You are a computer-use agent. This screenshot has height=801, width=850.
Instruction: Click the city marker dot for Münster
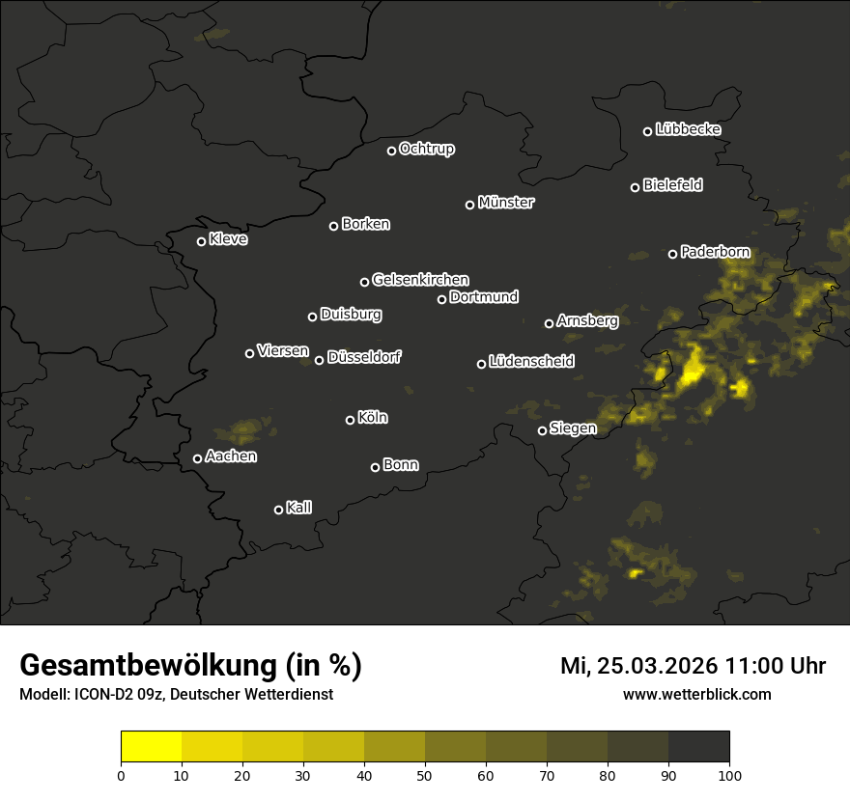pyautogui.click(x=470, y=205)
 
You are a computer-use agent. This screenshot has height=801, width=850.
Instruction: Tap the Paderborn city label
pyautogui.click(x=716, y=253)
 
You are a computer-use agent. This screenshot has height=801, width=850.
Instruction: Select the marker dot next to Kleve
pyautogui.click(x=202, y=241)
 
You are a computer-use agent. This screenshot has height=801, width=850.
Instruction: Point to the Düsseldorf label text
pyautogui.click(x=364, y=357)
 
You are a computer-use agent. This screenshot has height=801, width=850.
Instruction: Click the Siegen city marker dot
pyautogui.click(x=542, y=431)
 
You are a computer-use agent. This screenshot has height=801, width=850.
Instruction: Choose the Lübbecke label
pyautogui.click(x=689, y=129)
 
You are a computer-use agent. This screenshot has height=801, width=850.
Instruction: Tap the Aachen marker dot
pyautogui.click(x=198, y=458)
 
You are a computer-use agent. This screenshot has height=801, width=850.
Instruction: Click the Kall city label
pyautogui.click(x=299, y=508)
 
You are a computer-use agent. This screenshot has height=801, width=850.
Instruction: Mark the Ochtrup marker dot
pyautogui.click(x=391, y=151)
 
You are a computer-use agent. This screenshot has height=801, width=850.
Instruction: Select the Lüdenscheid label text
pyautogui.click(x=532, y=362)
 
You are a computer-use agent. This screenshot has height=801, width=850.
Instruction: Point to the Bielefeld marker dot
pyautogui.click(x=635, y=187)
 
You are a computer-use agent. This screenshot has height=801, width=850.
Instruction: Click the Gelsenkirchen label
pyautogui.click(x=420, y=280)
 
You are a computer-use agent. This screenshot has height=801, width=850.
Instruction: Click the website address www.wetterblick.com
pyautogui.click(x=697, y=694)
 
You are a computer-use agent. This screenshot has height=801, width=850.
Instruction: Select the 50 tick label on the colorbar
pyautogui.click(x=425, y=774)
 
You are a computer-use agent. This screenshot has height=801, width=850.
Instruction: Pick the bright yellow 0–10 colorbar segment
pyautogui.click(x=151, y=747)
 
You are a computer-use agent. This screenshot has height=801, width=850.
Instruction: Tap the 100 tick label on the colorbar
pyautogui.click(x=729, y=774)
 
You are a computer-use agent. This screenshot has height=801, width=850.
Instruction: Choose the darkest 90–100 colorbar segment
pyautogui.click(x=698, y=747)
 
